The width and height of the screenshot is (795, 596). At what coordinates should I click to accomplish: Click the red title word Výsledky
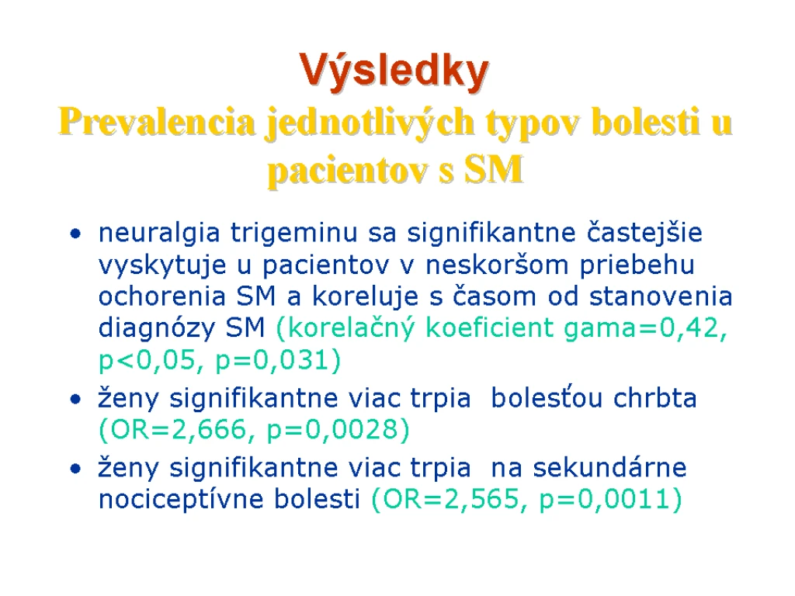click(394, 71)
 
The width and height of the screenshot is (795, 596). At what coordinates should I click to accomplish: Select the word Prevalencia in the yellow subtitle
click(157, 122)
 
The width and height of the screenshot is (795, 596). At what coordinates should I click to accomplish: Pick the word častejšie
click(644, 234)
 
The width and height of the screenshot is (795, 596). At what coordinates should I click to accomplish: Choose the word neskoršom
click(497, 265)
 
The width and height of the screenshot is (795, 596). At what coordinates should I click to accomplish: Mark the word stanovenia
click(661, 296)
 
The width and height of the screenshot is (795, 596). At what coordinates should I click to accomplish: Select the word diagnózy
click(156, 328)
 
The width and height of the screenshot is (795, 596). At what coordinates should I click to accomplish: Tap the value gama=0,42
click(645, 329)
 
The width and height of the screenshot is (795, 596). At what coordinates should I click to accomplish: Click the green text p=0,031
click(278, 361)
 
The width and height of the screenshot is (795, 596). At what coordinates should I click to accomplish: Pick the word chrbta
click(655, 398)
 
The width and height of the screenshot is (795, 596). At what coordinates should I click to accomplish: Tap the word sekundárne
click(609, 467)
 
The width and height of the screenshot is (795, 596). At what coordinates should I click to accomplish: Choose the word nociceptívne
click(181, 499)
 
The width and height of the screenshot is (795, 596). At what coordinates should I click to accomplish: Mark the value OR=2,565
click(450, 499)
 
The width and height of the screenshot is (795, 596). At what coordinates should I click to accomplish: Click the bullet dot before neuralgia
click(76, 234)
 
